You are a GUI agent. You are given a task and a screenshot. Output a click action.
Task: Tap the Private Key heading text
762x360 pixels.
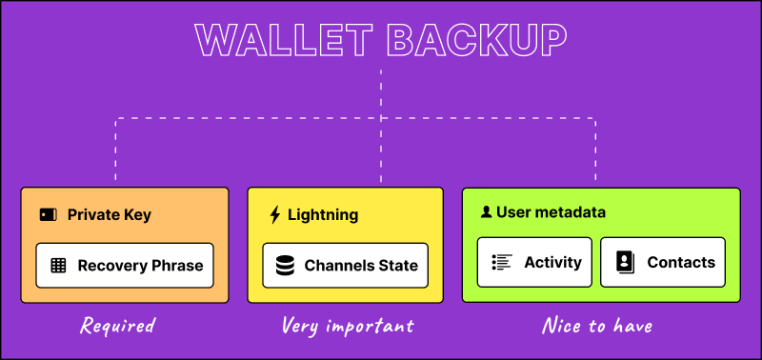pyautogui.click(x=109, y=215)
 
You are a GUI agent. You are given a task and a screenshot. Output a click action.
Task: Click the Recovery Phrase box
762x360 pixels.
pyautogui.click(x=125, y=265)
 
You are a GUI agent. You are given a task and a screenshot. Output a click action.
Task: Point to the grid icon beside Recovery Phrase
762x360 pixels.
pyautogui.click(x=58, y=266)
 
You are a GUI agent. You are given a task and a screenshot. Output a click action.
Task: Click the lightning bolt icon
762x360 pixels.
pyautogui.click(x=275, y=215)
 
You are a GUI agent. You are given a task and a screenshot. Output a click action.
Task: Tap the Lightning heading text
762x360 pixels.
pyautogui.click(x=323, y=215)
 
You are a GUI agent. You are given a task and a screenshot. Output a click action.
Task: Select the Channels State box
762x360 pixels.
pyautogui.click(x=345, y=265)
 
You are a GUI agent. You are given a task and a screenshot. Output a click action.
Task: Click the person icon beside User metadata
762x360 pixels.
pyautogui.click(x=486, y=212)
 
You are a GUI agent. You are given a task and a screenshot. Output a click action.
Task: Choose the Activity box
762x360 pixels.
pyautogui.click(x=535, y=262)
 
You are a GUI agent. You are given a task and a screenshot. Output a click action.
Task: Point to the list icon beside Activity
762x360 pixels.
pyautogui.click(x=502, y=262)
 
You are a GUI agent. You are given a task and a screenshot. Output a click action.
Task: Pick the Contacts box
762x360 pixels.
pyautogui.click(x=663, y=262)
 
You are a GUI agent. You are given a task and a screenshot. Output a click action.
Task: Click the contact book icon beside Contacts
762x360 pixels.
pyautogui.click(x=625, y=262)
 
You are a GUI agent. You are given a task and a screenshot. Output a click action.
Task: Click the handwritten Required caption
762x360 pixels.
pyautogui.click(x=117, y=326)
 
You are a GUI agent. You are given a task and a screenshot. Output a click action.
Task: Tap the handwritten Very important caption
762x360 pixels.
pyautogui.click(x=347, y=326)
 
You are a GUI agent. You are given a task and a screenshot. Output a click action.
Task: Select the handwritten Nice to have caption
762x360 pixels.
pyautogui.click(x=597, y=326)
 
